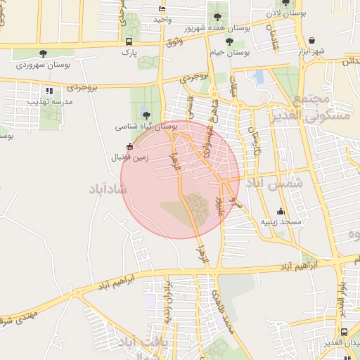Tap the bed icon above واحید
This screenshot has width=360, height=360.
162,9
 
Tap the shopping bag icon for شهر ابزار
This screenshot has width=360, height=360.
311,40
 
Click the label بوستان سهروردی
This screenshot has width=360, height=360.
41,64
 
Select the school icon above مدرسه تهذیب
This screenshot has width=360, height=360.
49,91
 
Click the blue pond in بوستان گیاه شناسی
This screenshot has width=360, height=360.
145,115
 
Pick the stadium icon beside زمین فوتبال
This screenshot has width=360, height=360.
129,146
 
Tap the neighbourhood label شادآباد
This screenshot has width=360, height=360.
107,188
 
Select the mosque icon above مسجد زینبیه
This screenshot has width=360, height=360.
281,211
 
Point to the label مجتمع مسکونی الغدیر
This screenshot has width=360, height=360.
304,105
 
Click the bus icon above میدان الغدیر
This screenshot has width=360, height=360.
343,332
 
